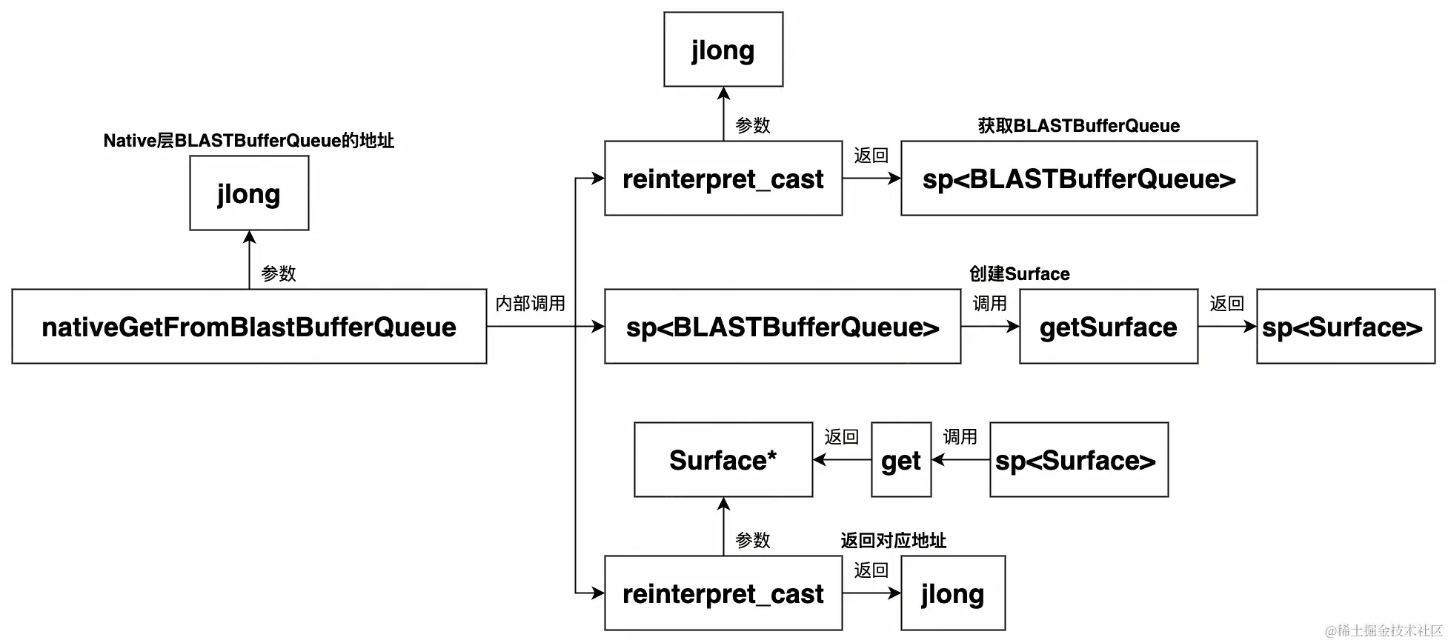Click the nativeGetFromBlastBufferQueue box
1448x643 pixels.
click(x=249, y=327)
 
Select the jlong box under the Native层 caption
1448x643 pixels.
click(x=249, y=193)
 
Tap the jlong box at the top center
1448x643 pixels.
click(x=723, y=50)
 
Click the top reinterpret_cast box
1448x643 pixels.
click(x=723, y=179)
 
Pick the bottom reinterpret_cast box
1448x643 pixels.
click(x=723, y=593)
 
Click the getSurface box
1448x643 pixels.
click(x=1109, y=327)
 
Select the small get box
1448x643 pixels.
click(x=901, y=460)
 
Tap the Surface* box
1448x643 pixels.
click(x=723, y=460)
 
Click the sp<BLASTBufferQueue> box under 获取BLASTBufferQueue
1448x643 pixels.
click(x=1079, y=179)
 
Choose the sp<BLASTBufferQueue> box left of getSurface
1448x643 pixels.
click(x=783, y=327)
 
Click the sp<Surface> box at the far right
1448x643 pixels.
click(x=1346, y=327)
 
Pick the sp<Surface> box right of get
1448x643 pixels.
click(x=1079, y=460)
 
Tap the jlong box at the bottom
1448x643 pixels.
click(x=953, y=593)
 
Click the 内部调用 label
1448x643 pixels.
click(x=531, y=303)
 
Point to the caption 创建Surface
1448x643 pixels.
click(x=1020, y=274)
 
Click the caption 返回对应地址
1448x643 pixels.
click(x=894, y=541)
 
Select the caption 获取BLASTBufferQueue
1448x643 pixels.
click(x=1079, y=126)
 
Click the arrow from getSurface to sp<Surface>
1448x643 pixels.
click(x=1227, y=327)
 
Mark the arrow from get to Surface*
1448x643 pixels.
click(x=843, y=460)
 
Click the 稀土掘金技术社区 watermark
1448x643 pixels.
click(x=1384, y=630)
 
